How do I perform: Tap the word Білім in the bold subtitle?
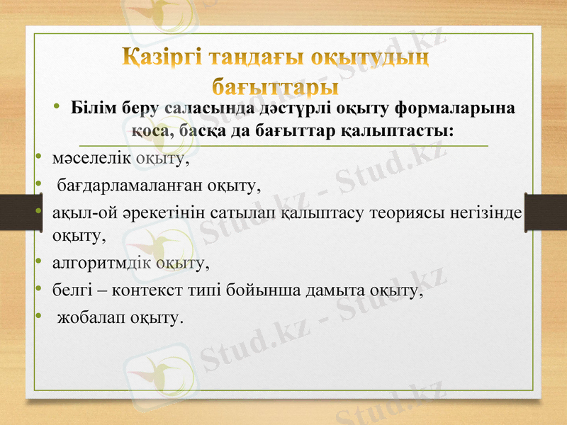(94, 109)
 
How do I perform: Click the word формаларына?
(454, 109)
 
